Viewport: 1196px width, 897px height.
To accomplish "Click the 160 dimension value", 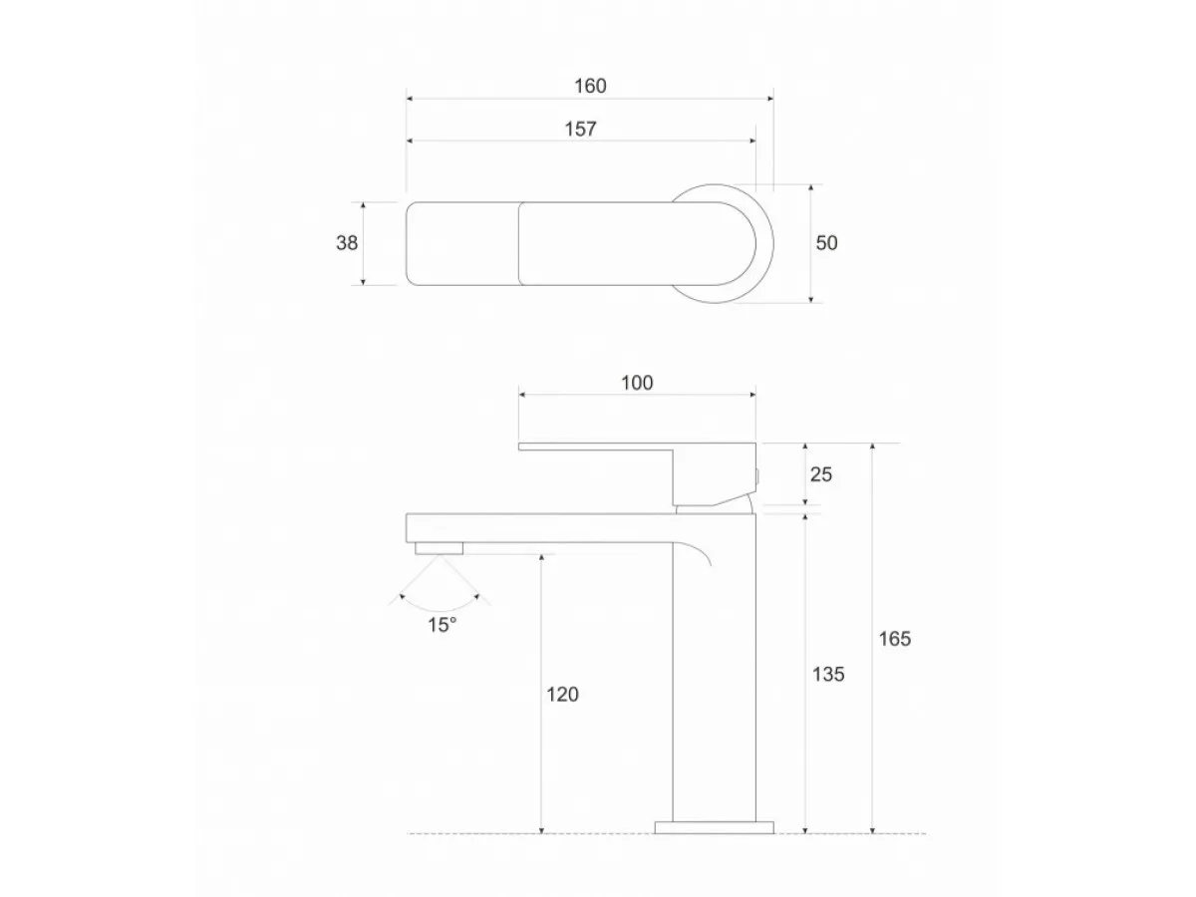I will click(589, 86).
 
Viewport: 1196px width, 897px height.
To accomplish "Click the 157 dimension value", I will click(579, 129).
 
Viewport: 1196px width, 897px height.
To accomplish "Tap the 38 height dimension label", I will click(346, 242).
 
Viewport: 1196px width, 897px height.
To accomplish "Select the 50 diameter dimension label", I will click(826, 242).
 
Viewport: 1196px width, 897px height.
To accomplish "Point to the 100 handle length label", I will click(636, 383).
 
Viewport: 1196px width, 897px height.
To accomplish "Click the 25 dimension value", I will click(821, 474).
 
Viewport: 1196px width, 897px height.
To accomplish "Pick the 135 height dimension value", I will click(828, 674).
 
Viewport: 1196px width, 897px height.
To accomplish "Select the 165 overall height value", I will click(895, 639).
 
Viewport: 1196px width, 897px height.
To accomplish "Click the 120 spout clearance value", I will click(562, 695).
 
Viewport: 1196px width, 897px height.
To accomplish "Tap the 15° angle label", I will click(443, 625).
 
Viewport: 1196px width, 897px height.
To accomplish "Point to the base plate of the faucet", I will click(714, 826).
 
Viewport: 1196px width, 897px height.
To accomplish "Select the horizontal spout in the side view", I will click(538, 527).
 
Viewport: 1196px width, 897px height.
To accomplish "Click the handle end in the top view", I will click(461, 243).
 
